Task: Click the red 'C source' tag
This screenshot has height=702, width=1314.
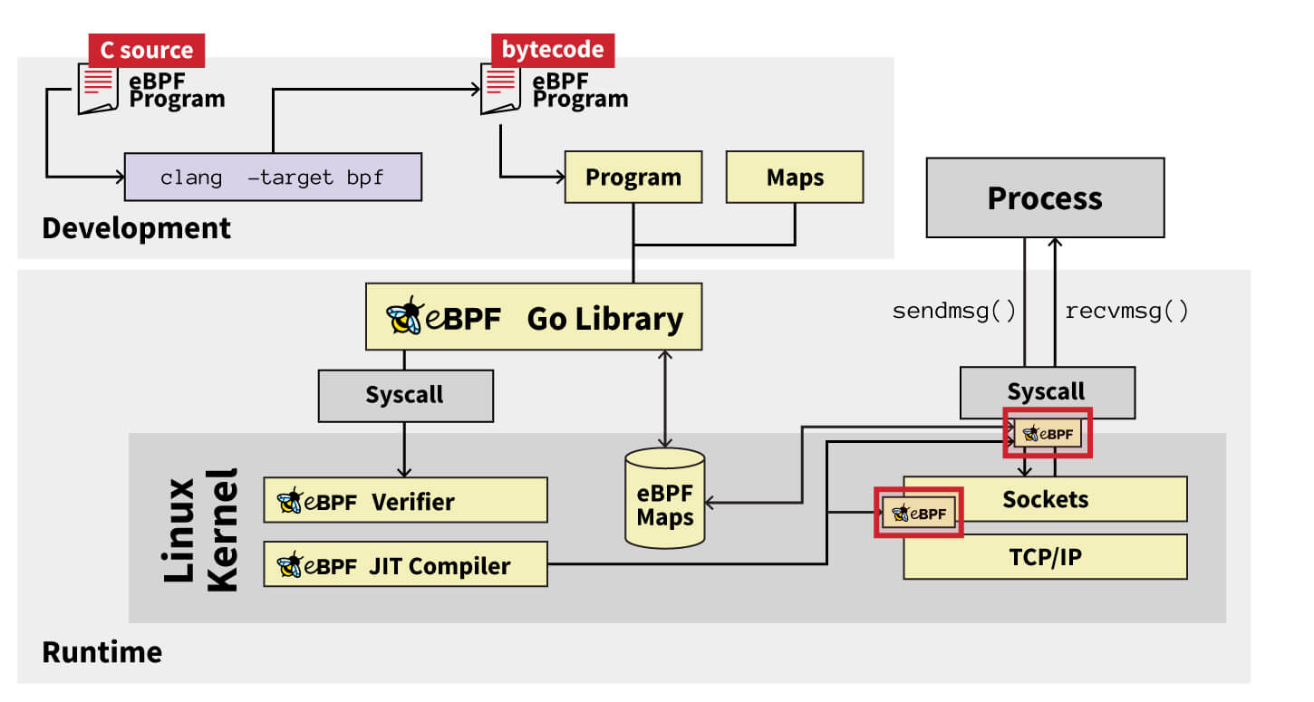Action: pyautogui.click(x=146, y=50)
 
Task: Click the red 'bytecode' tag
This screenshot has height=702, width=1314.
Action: pyautogui.click(x=552, y=50)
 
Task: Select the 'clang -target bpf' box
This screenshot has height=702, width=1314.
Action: pyautogui.click(x=273, y=177)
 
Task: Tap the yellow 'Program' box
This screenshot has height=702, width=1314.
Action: pyautogui.click(x=633, y=177)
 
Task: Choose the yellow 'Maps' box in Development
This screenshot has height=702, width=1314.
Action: pyautogui.click(x=795, y=177)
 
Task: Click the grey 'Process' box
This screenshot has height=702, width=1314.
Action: pyautogui.click(x=1044, y=198)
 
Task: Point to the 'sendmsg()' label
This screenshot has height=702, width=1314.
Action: pyautogui.click(x=954, y=312)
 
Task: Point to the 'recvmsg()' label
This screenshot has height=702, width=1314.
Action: pyautogui.click(x=1126, y=312)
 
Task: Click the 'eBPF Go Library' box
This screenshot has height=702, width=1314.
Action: pyautogui.click(x=534, y=317)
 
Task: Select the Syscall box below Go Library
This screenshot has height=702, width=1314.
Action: pyautogui.click(x=405, y=396)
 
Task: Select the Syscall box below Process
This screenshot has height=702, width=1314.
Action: pyautogui.click(x=1047, y=391)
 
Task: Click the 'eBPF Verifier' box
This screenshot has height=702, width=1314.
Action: pyautogui.click(x=405, y=501)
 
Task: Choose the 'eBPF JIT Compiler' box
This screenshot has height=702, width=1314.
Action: pyautogui.click(x=405, y=565)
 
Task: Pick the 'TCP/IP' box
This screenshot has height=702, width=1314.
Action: pyautogui.click(x=1045, y=556)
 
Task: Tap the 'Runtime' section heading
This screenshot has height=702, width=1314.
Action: pyautogui.click(x=102, y=652)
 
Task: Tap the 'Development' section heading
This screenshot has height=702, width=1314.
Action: pyautogui.click(x=137, y=227)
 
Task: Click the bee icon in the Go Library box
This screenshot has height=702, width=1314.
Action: pyautogui.click(x=403, y=317)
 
